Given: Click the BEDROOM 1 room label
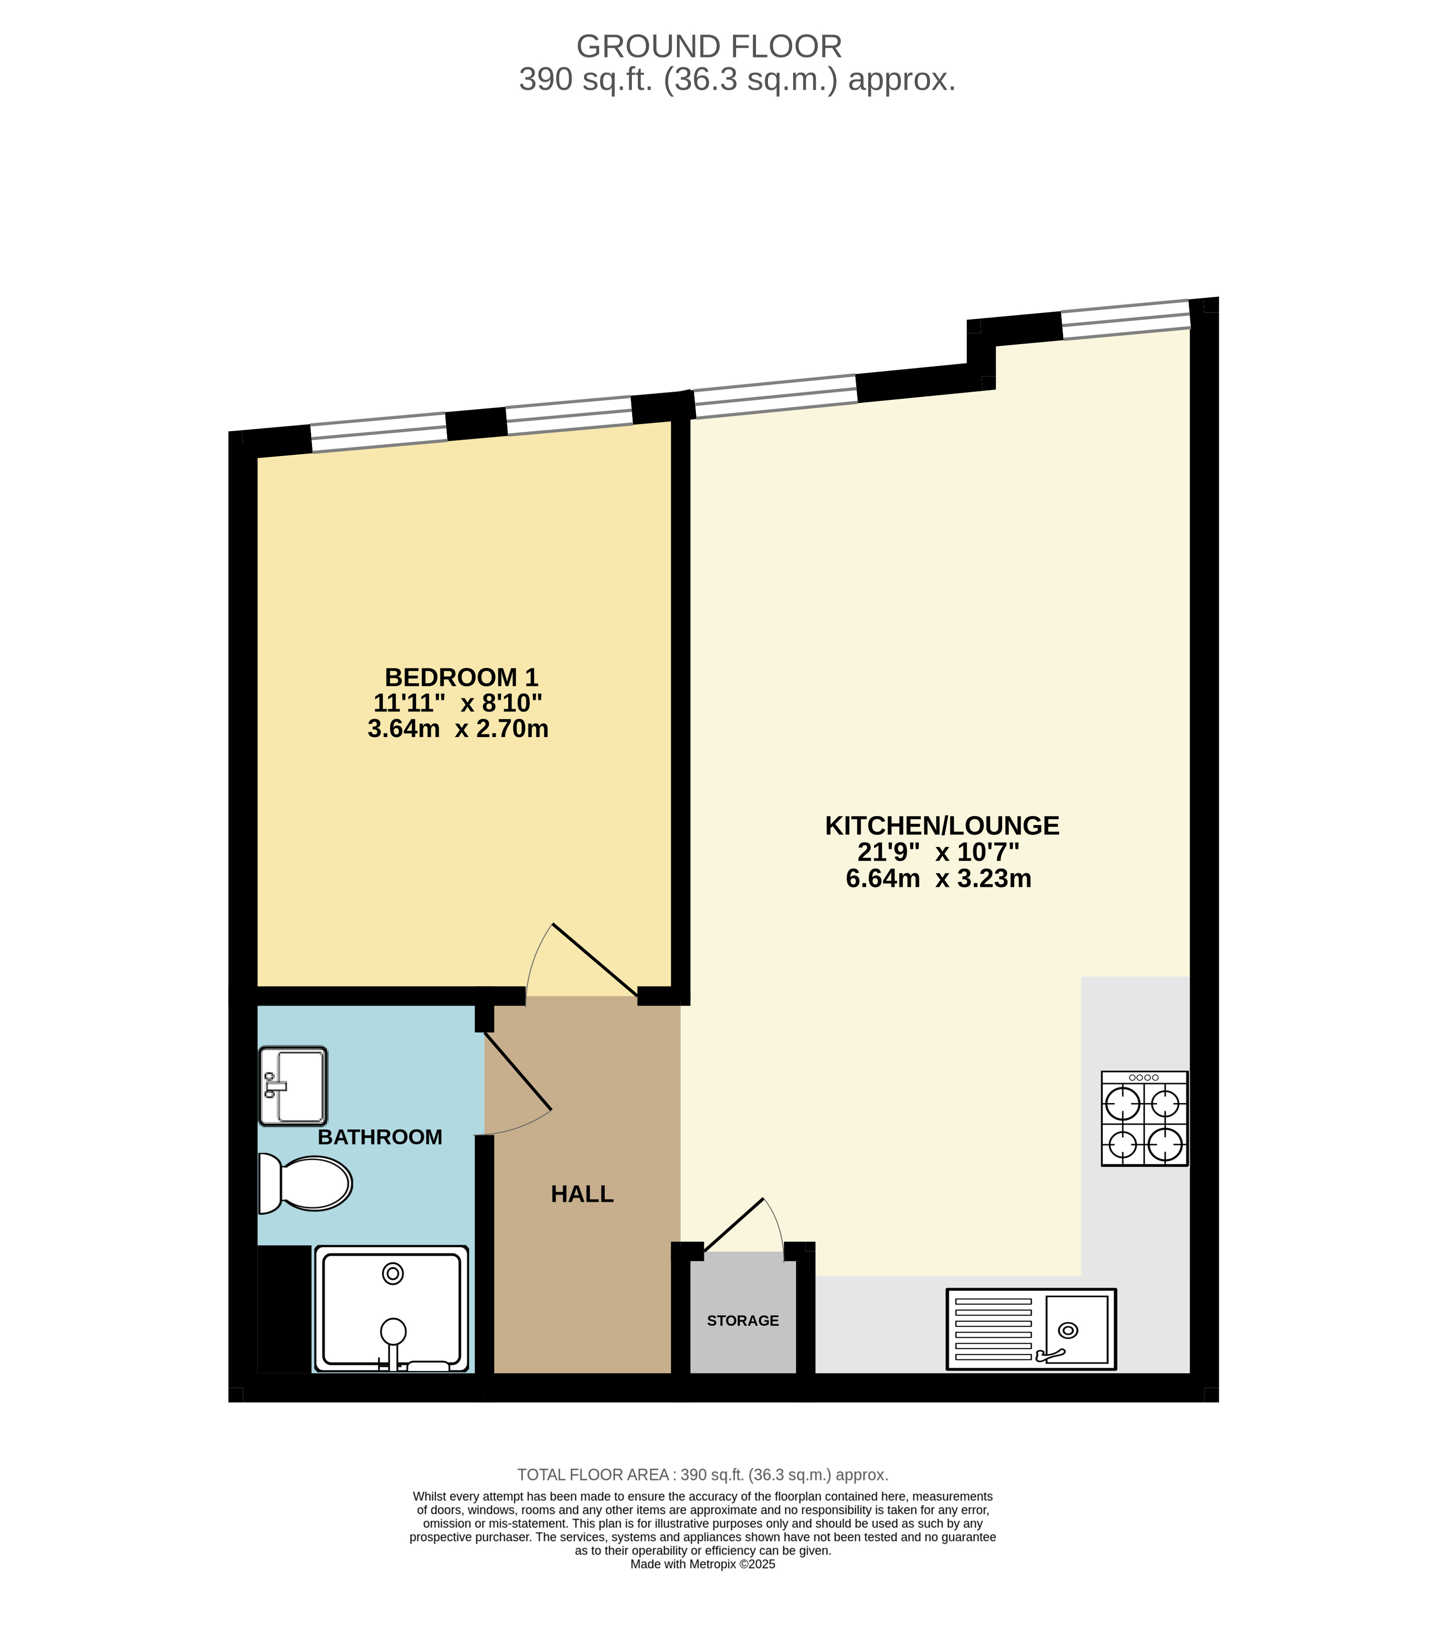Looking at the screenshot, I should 461,677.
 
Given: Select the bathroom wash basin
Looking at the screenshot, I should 293,1086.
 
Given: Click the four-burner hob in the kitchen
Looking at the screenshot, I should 1144,1119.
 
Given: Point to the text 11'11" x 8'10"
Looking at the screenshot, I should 458,703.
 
